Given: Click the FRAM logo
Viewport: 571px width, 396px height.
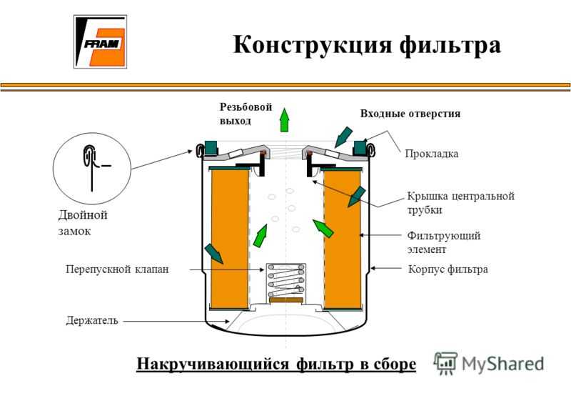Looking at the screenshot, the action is [100, 41].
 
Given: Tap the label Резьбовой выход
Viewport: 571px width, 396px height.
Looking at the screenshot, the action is [246, 114].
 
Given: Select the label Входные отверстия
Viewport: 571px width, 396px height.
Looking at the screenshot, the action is [410, 114].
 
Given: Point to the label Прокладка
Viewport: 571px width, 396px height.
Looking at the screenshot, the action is [432, 154].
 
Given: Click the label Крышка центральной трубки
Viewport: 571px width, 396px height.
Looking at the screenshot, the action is [460, 203].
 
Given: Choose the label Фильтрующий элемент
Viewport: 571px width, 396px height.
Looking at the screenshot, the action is [443, 242].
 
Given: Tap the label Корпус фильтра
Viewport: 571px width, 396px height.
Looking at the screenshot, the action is [448, 269].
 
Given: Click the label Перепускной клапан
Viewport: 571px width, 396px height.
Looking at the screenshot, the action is [117, 269].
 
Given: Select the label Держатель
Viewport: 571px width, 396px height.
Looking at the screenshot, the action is [92, 320].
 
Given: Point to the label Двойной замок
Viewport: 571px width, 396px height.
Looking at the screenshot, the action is [83, 222].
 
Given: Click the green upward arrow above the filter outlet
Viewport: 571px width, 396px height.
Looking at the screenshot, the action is [284, 120].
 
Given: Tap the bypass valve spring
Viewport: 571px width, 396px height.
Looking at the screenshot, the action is [286, 280].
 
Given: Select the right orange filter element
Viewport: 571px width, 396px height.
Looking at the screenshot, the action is [343, 239].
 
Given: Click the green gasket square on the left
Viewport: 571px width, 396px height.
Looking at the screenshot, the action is [211, 147].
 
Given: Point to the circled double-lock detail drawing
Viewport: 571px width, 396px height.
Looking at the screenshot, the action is [92, 168].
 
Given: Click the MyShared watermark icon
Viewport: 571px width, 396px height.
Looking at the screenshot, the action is [445, 363].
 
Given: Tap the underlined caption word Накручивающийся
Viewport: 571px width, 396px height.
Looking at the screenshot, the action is [213, 364].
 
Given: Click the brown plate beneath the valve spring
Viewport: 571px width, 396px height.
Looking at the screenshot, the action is [286, 300].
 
